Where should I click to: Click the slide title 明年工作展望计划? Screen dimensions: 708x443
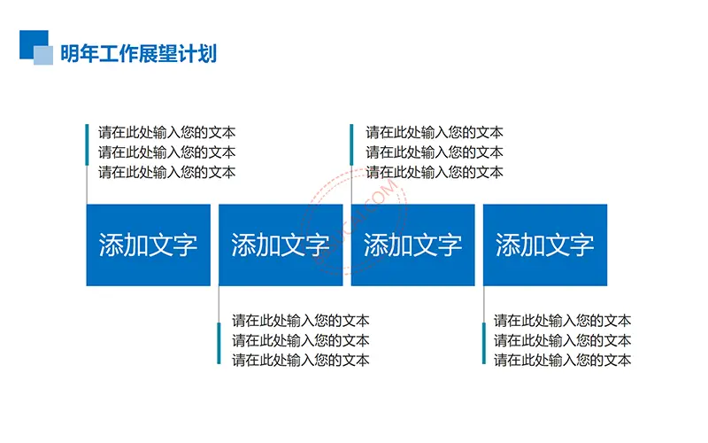139,53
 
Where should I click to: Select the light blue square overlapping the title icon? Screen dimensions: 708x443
43,55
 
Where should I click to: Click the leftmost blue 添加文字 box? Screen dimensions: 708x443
148,245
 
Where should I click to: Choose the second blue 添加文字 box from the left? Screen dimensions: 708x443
281,245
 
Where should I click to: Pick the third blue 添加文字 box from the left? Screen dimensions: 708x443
412,245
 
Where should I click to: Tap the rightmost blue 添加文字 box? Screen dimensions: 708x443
545,245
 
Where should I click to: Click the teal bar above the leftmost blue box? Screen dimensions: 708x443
87,144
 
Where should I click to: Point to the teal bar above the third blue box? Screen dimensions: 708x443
351,144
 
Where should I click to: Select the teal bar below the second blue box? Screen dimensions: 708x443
219,343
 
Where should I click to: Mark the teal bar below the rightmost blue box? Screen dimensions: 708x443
484,343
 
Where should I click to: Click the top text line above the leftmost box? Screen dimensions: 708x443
166,132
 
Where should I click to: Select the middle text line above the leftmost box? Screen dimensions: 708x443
166,152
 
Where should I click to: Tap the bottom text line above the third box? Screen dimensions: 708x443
435,172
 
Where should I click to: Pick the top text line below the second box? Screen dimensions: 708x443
301,321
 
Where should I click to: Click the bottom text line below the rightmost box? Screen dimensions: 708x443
562,361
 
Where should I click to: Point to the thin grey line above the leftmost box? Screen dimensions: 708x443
87,184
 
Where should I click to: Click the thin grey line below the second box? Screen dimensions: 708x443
219,304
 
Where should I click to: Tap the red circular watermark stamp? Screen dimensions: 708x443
353,221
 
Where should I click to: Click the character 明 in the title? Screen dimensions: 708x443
70,53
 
